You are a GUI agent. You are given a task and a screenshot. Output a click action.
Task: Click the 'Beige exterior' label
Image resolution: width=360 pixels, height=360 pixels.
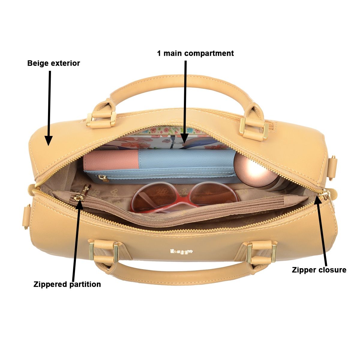point(53,63)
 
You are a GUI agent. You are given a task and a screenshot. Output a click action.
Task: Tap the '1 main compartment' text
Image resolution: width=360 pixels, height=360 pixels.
point(195,53)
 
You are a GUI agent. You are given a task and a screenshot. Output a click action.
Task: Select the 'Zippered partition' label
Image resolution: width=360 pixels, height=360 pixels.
point(67,284)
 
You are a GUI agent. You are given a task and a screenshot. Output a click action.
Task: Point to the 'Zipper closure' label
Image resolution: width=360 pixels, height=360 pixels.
point(319,270)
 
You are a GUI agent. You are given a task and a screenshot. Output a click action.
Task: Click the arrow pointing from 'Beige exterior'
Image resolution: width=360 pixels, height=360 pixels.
point(49,108)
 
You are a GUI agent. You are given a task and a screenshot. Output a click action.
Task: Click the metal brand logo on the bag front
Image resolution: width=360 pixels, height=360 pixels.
point(181,251)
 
